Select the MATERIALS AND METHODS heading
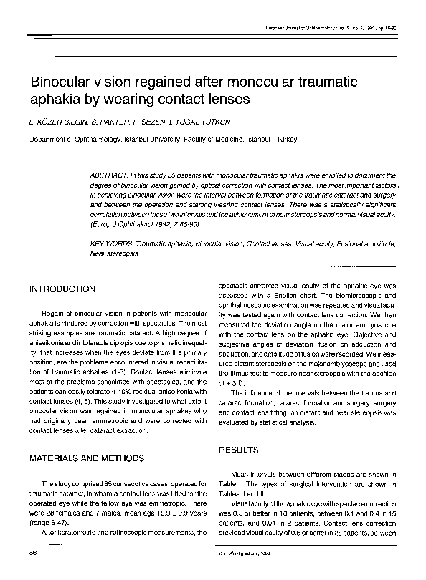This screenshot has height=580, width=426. point(86,458)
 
